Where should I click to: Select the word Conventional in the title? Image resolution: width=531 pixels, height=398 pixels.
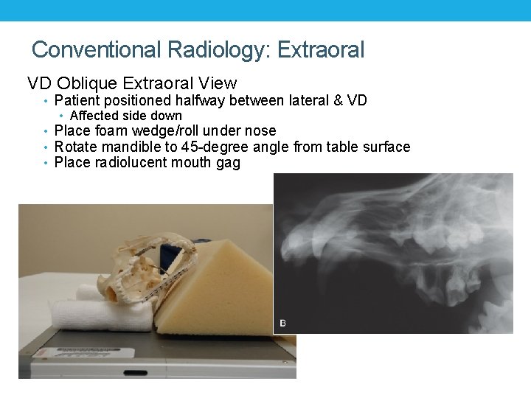tap(97, 50)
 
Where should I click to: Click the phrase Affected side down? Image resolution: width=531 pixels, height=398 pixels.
tap(125, 116)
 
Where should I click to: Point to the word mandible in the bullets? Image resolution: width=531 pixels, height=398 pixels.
tap(132, 147)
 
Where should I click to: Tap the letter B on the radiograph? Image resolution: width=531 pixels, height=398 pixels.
tap(282, 323)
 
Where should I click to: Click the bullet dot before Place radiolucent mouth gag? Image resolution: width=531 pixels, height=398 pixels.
tap(46, 163)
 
